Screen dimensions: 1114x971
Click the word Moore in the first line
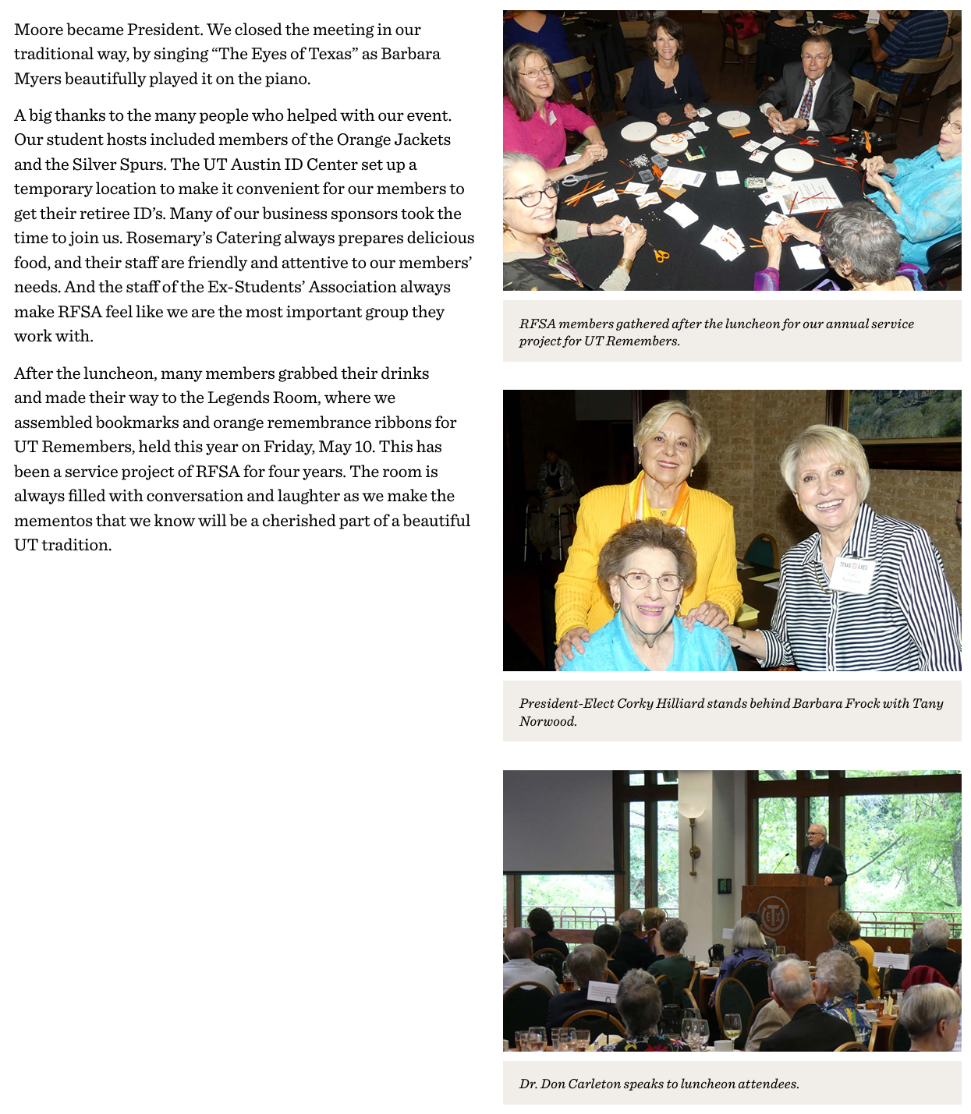tap(38, 30)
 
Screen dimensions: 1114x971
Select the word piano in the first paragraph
tap(288, 79)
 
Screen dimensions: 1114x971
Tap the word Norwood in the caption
tap(548, 721)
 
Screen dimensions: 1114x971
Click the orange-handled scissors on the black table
tap(660, 254)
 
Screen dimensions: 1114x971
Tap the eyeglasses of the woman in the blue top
tap(650, 582)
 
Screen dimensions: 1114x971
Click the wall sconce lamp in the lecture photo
tap(691, 808)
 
